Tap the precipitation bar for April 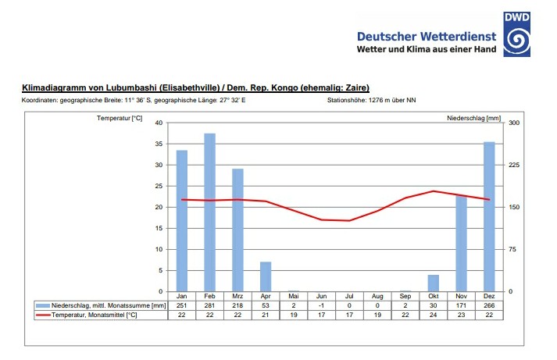coord(266,276)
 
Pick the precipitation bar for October coord(434,283)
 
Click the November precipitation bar coord(461,243)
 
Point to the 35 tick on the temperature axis coord(158,144)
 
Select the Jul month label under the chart coord(349,297)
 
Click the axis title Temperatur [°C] coord(120,118)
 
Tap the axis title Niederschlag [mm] coord(473,118)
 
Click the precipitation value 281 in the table coord(209,305)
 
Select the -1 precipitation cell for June coord(321,305)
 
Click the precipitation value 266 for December coord(489,305)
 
